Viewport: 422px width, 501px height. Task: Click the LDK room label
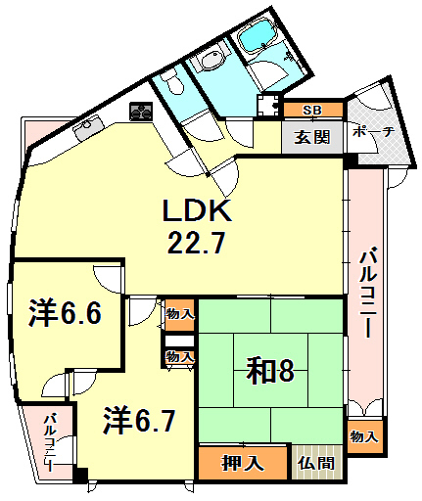tap(197, 210)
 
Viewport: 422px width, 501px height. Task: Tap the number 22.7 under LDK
tap(196, 242)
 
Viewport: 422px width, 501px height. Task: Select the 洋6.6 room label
tap(66, 313)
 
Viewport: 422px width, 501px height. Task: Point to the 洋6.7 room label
tap(140, 421)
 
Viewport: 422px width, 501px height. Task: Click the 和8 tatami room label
tap(270, 371)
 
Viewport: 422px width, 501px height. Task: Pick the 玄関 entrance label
tap(312, 137)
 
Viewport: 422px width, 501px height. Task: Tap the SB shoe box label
tap(312, 111)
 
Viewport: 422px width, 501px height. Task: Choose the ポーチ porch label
tap(374, 132)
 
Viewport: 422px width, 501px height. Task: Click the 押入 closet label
tap(242, 463)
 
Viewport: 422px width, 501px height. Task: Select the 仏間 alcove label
tap(316, 463)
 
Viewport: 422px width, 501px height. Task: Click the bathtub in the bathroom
tap(258, 35)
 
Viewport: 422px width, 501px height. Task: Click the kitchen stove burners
tap(141, 112)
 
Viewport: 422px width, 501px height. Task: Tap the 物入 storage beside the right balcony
tap(364, 436)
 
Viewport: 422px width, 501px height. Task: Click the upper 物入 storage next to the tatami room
tap(180, 315)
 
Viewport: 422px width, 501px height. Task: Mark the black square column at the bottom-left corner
tap(80, 476)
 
